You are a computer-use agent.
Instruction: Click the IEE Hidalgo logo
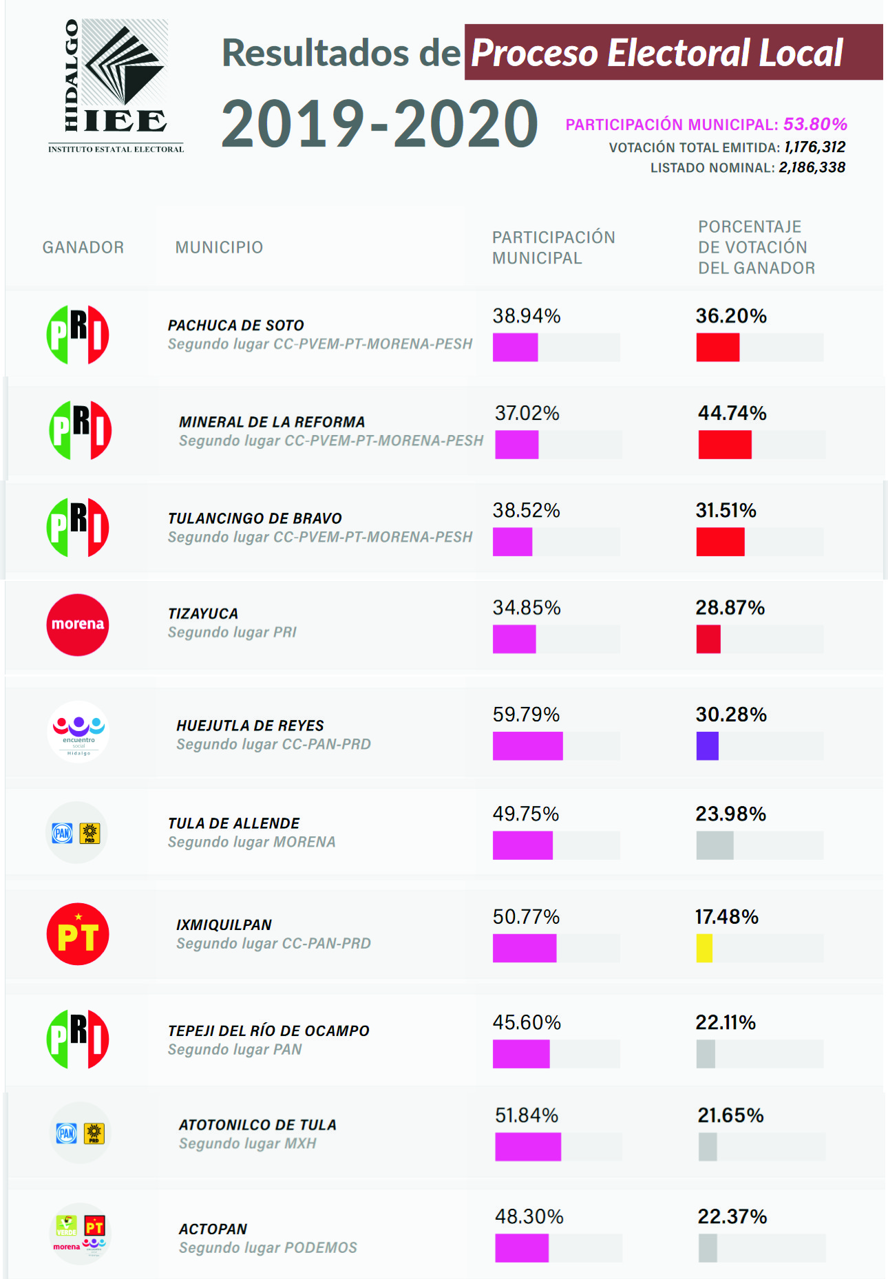[116, 85]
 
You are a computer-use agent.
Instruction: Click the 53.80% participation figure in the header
[815, 124]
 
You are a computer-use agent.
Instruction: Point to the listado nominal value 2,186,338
[812, 167]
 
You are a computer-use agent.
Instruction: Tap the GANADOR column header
[83, 247]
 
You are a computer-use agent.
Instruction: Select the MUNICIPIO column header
[219, 247]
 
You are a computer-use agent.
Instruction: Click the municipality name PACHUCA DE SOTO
[236, 325]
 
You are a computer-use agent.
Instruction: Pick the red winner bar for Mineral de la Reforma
[725, 445]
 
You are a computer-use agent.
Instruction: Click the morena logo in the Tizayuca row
[78, 624]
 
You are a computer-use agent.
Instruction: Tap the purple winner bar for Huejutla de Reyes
[707, 746]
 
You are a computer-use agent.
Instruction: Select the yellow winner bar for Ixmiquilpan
[704, 948]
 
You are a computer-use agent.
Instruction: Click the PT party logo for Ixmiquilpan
[78, 934]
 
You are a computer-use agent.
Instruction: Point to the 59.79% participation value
[526, 715]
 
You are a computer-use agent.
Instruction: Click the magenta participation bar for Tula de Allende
[522, 845]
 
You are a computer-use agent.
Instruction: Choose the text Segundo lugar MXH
[248, 1143]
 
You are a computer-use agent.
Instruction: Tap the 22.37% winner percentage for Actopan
[732, 1216]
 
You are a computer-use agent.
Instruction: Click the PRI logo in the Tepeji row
[78, 1039]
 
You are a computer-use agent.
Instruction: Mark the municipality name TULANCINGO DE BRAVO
[255, 518]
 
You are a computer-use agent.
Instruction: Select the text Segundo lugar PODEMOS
[268, 1247]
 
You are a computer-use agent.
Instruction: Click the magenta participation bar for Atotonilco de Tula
[528, 1147]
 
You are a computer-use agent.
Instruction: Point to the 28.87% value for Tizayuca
[730, 608]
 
